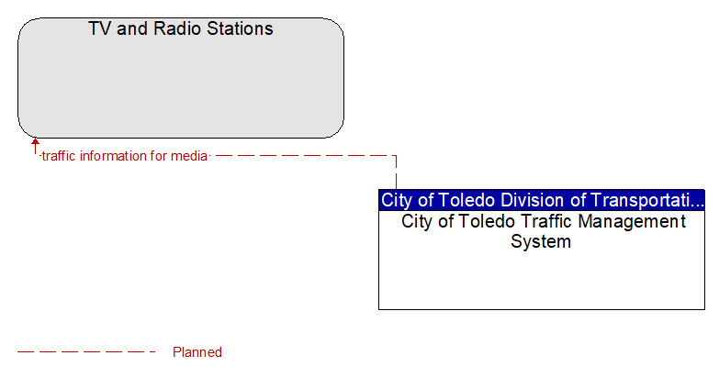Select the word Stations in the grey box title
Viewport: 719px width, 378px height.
(240, 28)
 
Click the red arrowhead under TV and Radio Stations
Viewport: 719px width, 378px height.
(35, 141)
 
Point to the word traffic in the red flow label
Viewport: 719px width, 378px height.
(58, 156)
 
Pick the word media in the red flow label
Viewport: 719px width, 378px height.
(189, 156)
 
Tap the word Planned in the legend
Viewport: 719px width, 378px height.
(197, 352)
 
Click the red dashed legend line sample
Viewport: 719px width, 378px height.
(86, 352)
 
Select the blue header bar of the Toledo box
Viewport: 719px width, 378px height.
(542, 200)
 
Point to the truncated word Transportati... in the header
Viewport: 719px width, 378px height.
(647, 201)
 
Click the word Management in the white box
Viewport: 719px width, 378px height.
(632, 222)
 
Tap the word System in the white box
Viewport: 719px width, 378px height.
(541, 241)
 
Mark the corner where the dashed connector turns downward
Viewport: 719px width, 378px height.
(396, 156)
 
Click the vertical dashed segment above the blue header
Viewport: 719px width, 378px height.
(396, 172)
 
